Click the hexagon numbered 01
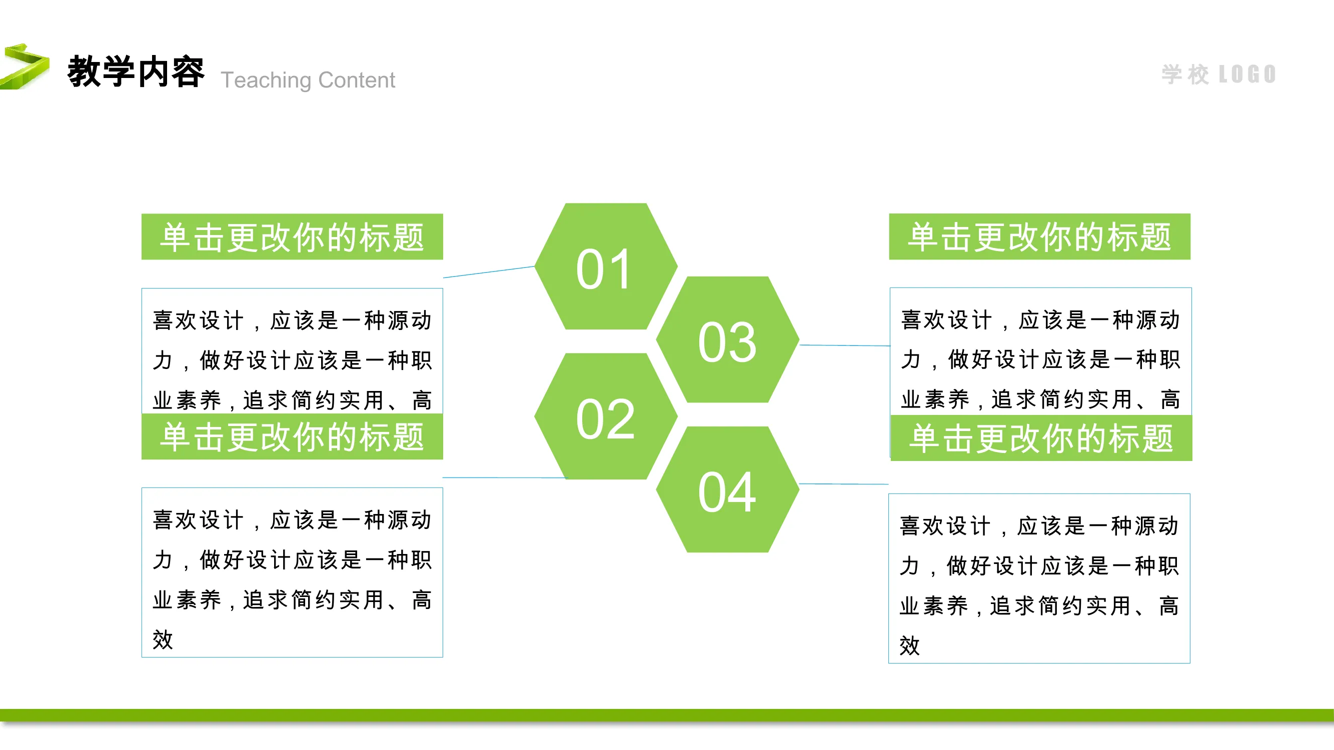tap(606, 266)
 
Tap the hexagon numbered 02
tap(606, 416)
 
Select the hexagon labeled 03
tap(728, 339)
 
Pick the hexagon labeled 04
tap(728, 489)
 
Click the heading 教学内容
tap(136, 71)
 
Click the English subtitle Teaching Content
tap(308, 80)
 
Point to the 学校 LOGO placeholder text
tap(1218, 74)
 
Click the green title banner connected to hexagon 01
tap(292, 236)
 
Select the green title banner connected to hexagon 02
tap(292, 436)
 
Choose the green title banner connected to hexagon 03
tap(1040, 236)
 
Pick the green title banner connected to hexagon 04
tap(1041, 438)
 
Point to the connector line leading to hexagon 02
tap(505, 477)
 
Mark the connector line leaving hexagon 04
tap(844, 484)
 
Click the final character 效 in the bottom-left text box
tap(163, 640)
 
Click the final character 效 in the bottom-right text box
tap(910, 645)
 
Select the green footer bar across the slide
tap(667, 715)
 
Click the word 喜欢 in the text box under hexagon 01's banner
tap(175, 320)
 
